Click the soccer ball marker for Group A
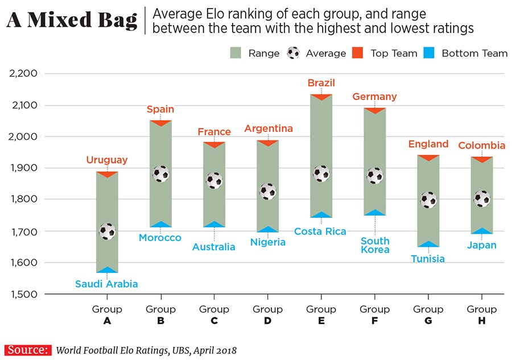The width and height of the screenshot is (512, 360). pos(107,231)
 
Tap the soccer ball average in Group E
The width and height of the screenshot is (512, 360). pos(321,173)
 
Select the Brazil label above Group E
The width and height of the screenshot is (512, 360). pos(321,83)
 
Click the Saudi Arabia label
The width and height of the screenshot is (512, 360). pos(107,284)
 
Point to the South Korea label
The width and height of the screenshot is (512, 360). pos(375,245)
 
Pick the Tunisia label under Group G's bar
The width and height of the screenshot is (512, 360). pos(428,259)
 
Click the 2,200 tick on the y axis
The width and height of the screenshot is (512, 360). pos(23,73)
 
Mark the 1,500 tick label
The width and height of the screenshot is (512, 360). pos(23,295)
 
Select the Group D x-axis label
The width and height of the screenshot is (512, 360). pos(267,315)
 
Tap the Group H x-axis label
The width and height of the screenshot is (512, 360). pos(481,315)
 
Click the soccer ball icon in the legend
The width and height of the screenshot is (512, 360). pos(294,53)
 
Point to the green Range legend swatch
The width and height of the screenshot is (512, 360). pos(237,53)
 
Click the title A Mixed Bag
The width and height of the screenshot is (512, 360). pos(72,20)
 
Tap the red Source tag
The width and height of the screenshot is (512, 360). pos(27,350)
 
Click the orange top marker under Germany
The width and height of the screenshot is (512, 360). pos(375,110)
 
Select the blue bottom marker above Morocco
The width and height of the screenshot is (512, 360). pos(160,224)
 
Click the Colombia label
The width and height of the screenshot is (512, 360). pos(481,146)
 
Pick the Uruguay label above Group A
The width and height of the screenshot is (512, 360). pos(107,160)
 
